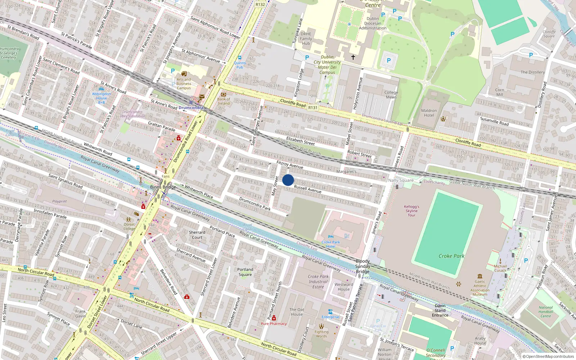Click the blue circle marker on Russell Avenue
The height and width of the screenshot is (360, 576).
pyautogui.click(x=288, y=180)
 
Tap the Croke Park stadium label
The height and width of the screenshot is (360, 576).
pyautogui.click(x=451, y=256)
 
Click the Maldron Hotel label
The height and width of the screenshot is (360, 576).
pyautogui.click(x=429, y=113)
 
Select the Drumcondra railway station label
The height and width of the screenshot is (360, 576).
pyautogui.click(x=191, y=108)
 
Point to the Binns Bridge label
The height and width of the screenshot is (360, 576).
pyautogui.click(x=163, y=187)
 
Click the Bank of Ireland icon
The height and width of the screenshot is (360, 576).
pyautogui.click(x=223, y=94)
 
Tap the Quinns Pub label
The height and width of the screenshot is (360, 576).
pyautogui.click(x=240, y=65)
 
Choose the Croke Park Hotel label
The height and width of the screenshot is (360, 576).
pyautogui.click(x=330, y=244)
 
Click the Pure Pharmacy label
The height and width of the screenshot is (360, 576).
pyautogui.click(x=274, y=324)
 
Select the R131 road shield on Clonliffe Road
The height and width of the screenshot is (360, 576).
pyautogui.click(x=313, y=107)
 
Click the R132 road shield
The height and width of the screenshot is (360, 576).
pyautogui.click(x=260, y=4)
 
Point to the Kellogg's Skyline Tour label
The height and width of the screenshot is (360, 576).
pyautogui.click(x=411, y=211)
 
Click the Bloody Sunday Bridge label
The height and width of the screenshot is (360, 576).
pyautogui.click(x=363, y=266)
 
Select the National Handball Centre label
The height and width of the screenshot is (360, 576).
pyautogui.click(x=546, y=312)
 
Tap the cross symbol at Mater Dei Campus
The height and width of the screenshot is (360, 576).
pyautogui.click(x=353, y=57)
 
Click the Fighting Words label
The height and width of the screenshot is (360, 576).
pyautogui.click(x=321, y=334)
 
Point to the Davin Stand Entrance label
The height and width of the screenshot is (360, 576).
pyautogui.click(x=440, y=310)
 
